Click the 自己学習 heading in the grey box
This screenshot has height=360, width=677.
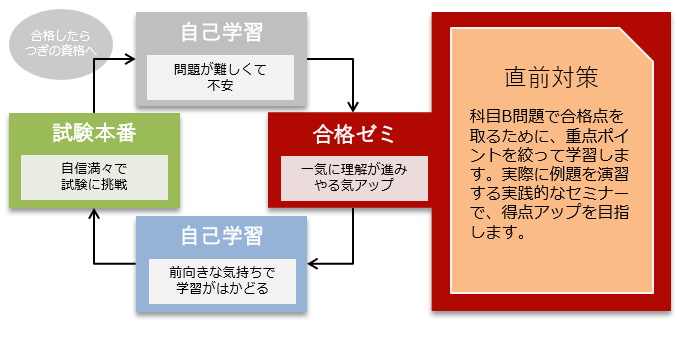pyautogui.click(x=222, y=32)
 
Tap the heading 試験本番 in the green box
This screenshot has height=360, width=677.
pyautogui.click(x=94, y=132)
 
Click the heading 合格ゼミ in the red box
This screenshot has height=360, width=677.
pyautogui.click(x=354, y=133)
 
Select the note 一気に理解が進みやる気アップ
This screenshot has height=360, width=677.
pyautogui.click(x=354, y=177)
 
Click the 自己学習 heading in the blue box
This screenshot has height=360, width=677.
pyautogui.click(x=222, y=236)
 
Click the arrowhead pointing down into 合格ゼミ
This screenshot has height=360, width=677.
pyautogui.click(x=354, y=105)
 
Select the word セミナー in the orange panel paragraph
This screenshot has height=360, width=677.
pyautogui.click(x=604, y=194)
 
